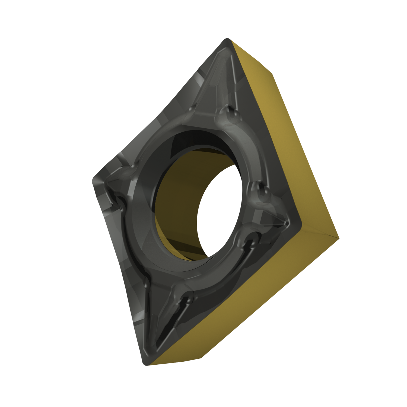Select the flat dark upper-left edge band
[x=152, y=114]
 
